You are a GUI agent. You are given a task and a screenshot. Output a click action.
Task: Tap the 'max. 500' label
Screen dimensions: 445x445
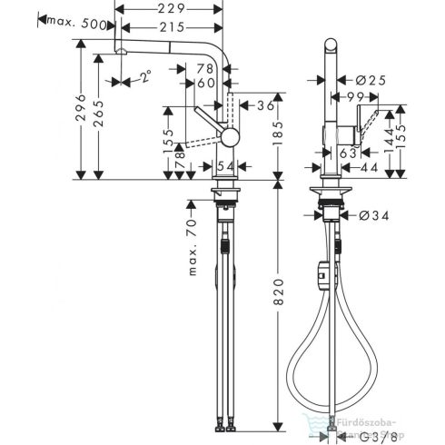coord(86,24)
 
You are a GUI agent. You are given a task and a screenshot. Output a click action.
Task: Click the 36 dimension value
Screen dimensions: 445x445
coord(265,105)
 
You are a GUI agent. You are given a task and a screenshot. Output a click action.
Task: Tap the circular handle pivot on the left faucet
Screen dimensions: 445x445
coord(230,136)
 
